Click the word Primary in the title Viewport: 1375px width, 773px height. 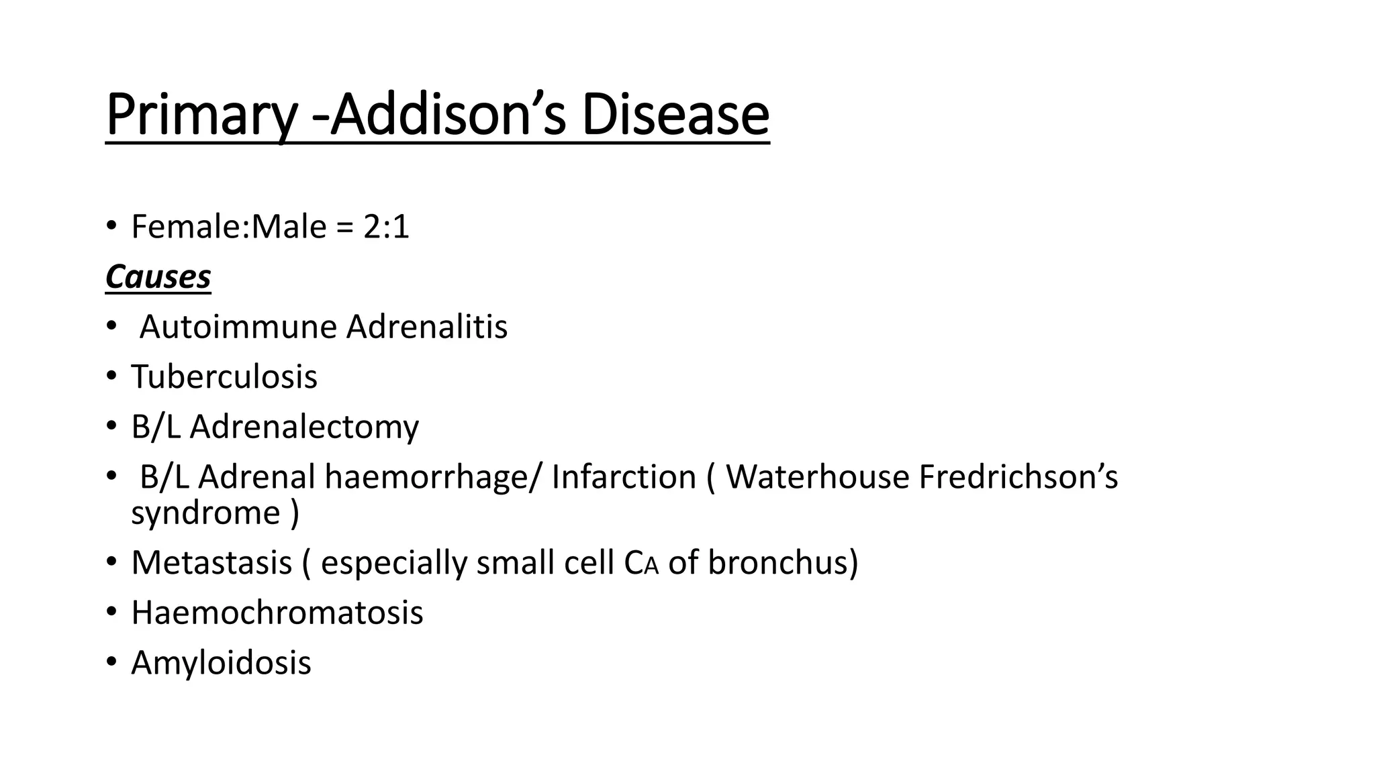click(201, 115)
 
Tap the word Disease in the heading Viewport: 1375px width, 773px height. click(675, 115)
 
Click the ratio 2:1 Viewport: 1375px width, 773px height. click(386, 227)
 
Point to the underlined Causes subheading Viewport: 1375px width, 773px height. click(158, 277)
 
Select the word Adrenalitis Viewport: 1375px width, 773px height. click(427, 327)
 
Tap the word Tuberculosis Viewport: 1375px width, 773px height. click(224, 376)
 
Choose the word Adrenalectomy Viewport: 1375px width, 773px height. click(304, 427)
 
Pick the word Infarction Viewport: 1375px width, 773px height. click(624, 477)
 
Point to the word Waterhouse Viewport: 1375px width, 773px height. click(817, 477)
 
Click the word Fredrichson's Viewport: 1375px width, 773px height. click(1018, 477)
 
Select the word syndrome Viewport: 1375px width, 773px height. click(205, 513)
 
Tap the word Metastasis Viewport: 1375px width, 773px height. click(211, 562)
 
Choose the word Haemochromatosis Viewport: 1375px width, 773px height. click(277, 613)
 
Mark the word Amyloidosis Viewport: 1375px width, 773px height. click(221, 663)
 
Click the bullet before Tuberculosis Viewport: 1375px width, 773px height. click(111, 376)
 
